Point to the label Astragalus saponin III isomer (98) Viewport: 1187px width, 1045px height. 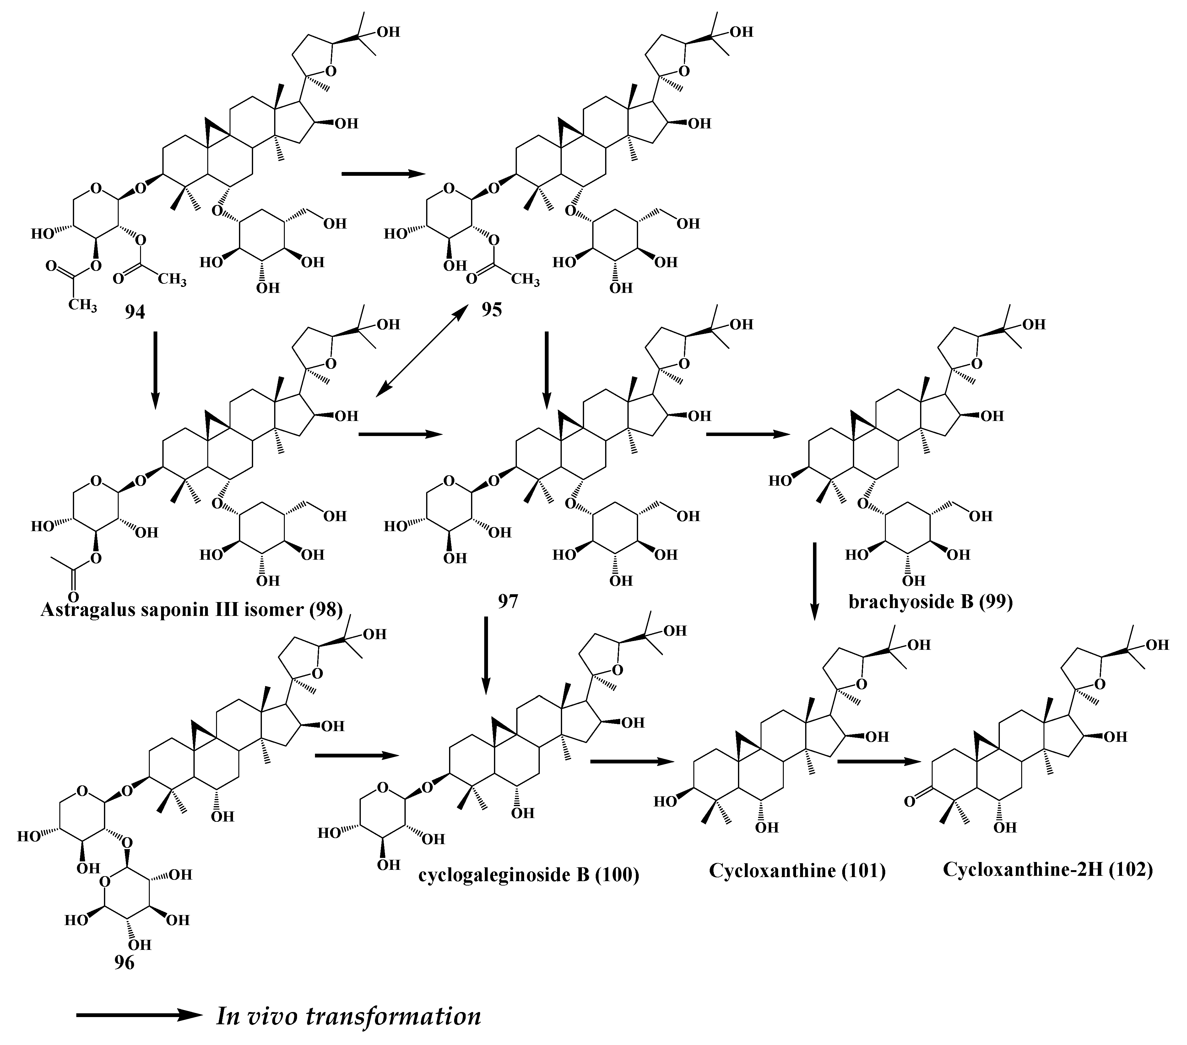click(x=192, y=610)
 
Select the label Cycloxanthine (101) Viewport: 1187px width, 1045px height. click(x=797, y=871)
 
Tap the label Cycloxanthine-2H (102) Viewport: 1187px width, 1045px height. click(x=1048, y=869)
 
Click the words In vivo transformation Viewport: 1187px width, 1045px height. click(x=349, y=1016)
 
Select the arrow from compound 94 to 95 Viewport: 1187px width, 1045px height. click(x=383, y=173)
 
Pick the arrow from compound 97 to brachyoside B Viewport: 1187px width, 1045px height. click(x=748, y=434)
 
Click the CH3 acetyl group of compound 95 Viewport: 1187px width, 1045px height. click(x=526, y=280)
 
